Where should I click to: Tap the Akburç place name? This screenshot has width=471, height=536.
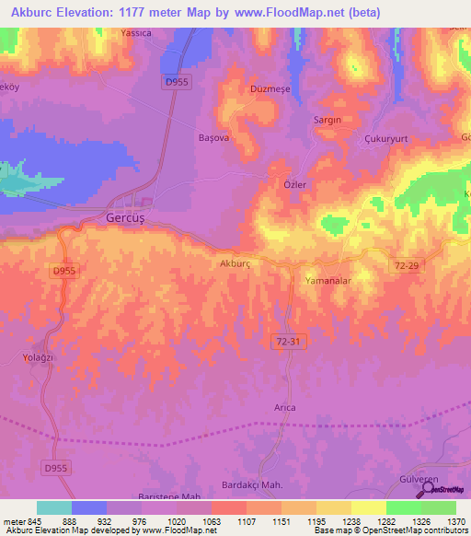[235, 263]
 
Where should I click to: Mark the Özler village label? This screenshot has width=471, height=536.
[293, 184]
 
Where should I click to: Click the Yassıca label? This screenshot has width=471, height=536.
[136, 33]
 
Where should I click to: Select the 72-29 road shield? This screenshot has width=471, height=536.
[405, 264]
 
